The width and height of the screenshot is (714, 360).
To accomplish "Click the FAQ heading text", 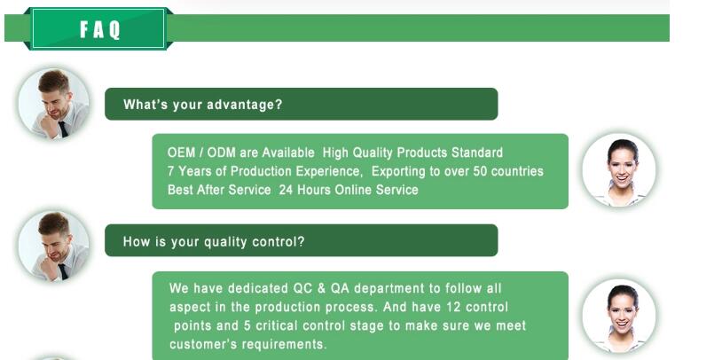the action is point(100,29).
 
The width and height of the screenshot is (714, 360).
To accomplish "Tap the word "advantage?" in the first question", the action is point(245,105).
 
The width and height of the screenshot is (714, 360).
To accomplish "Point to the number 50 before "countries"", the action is point(480,171).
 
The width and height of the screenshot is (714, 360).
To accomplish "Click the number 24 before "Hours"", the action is point(286,190).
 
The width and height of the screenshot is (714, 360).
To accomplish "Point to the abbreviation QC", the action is point(302,288).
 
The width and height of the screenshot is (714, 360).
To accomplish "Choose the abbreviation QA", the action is point(340,288).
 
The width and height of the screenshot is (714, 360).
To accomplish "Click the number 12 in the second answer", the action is point(453,307).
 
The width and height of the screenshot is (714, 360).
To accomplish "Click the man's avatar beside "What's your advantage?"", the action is point(54,104).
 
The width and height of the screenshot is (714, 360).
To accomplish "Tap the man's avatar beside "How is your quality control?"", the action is point(54,246).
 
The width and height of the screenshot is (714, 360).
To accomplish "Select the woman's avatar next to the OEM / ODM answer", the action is point(619,170).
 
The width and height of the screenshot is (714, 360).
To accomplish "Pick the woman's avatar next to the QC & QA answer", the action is point(619,317).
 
